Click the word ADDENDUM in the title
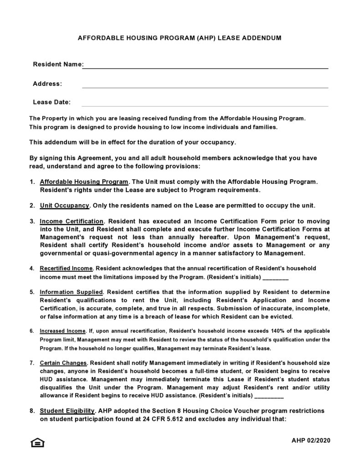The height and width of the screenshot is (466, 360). [259, 38]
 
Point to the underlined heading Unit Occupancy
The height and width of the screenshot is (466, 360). [64, 205]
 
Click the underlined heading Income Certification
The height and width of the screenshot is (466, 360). [72, 221]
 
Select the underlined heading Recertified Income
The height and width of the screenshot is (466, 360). [67, 268]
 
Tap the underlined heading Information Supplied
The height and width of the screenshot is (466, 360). [72, 292]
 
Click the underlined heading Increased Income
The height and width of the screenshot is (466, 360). [63, 330]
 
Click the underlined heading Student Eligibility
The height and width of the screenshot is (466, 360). [67, 411]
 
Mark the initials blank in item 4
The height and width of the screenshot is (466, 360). [276, 277]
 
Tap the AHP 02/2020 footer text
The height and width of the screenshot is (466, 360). [311, 440]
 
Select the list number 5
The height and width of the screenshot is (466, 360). [32, 292]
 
